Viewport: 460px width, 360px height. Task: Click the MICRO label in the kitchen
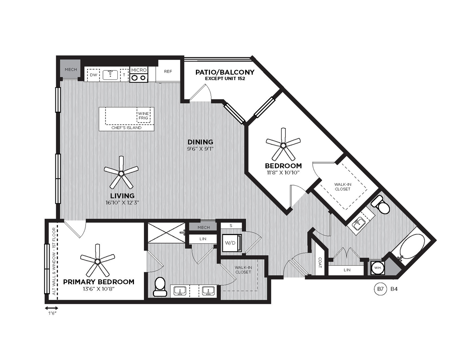coord(139,70)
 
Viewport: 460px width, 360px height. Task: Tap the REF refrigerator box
coord(168,71)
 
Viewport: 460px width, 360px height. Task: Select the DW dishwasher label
coord(93,75)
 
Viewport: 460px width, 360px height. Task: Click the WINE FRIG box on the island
coord(144,115)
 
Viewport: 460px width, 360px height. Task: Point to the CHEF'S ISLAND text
coord(126,128)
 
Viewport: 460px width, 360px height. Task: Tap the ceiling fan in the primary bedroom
coord(97,262)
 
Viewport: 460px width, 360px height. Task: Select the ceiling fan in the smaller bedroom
coord(283,145)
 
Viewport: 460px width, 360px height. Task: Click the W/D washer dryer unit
coord(232,243)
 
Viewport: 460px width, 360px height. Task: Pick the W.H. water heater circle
coord(378,267)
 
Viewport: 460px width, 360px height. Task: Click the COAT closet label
coord(320,263)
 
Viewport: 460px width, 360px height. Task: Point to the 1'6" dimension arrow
coord(51,308)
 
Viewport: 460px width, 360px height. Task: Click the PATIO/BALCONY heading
coord(224,72)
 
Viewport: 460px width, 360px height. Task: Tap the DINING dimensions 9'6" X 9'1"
coord(200,149)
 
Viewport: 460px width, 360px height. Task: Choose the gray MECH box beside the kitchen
coord(71,69)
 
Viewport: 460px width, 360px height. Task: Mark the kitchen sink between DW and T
coord(110,75)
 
